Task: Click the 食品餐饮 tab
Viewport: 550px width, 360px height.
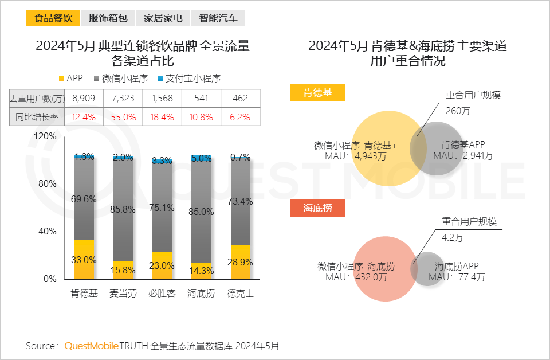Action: pyautogui.click(x=53, y=18)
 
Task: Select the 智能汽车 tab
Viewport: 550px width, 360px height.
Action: pyautogui.click(x=218, y=18)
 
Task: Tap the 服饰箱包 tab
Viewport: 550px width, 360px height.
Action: pyautogui.click(x=108, y=18)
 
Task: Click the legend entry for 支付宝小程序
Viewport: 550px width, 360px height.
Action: pyautogui.click(x=189, y=78)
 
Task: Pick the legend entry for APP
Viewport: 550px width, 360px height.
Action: pyautogui.click(x=71, y=78)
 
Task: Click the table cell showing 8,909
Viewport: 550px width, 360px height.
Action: pyautogui.click(x=84, y=99)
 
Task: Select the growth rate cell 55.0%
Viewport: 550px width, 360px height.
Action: pyautogui.click(x=123, y=117)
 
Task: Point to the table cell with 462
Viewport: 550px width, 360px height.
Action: pyautogui.click(x=240, y=99)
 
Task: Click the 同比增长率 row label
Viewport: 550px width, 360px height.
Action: pyautogui.click(x=38, y=117)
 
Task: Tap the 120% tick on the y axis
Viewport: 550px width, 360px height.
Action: pyautogui.click(x=45, y=136)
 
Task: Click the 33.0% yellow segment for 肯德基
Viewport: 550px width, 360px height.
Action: pyautogui.click(x=84, y=260)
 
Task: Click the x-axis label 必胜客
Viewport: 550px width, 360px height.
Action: pyautogui.click(x=162, y=294)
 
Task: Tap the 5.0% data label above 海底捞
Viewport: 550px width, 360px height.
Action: pyautogui.click(x=201, y=159)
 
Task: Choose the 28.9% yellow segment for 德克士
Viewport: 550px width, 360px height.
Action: pyautogui.click(x=240, y=262)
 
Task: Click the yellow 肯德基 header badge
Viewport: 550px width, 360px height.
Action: pyautogui.click(x=317, y=93)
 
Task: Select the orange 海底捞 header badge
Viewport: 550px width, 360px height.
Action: pyautogui.click(x=317, y=208)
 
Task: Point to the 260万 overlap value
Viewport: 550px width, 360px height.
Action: pyautogui.click(x=457, y=111)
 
